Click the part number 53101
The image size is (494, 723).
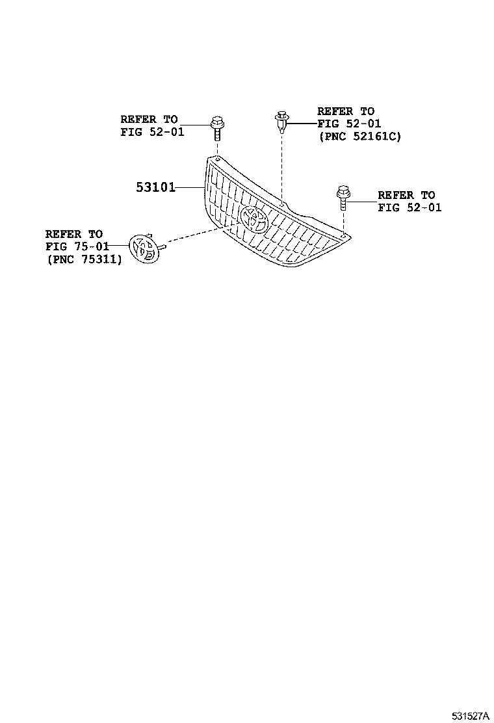pos(156,188)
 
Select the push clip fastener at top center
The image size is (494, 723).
pos(280,121)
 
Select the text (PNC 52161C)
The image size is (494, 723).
pos(359,136)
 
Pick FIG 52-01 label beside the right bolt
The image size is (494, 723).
pos(409,207)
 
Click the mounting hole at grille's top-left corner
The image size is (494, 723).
pos(217,158)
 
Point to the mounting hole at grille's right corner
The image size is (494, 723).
pos(343,231)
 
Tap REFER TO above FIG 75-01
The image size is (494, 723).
pos(74,233)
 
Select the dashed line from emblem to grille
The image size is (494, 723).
pos(195,235)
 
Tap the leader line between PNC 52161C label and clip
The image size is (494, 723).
pos(302,122)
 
